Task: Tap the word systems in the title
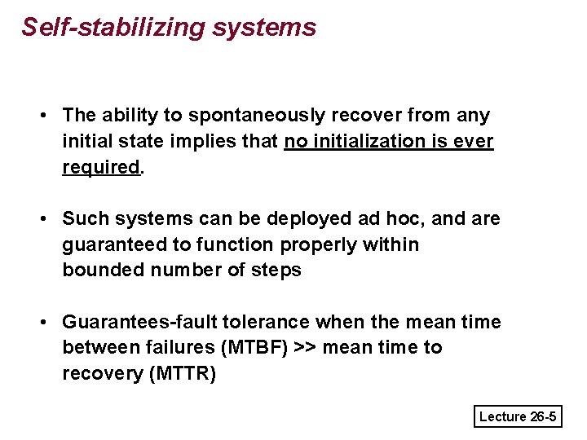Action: point(263,28)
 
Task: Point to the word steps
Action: point(277,270)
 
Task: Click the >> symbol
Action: point(307,348)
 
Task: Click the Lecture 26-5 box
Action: point(518,417)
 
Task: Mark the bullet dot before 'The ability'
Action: point(44,117)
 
